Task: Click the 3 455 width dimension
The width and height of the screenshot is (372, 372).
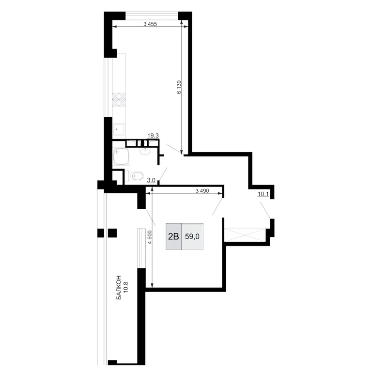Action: pos(150,24)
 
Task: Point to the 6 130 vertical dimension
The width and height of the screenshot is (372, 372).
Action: pos(179,87)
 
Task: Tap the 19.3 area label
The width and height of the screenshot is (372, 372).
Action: pos(153,136)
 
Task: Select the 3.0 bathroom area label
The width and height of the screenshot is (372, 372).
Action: pos(151,180)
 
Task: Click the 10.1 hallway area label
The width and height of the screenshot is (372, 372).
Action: pos(263,194)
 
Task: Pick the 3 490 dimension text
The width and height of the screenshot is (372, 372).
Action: pos(202,191)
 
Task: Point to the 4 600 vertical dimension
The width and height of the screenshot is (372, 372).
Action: pos(149,237)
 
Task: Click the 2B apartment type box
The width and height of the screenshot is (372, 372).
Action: pos(173,236)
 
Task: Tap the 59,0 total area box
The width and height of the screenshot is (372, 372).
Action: pos(192,236)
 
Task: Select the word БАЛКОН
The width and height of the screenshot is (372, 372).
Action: pos(119,288)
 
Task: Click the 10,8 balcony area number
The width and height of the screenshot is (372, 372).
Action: pos(126,288)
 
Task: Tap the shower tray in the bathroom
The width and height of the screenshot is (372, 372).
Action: pos(122,156)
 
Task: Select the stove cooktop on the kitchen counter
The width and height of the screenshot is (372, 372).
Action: pos(119,99)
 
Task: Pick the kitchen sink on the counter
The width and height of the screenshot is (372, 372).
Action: pos(119,129)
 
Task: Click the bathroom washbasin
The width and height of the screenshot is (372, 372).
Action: pos(145,151)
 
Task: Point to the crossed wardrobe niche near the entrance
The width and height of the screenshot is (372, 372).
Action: pos(245,235)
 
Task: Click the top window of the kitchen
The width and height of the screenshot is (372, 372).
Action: pos(152,15)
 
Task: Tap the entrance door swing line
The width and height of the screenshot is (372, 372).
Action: pos(265,210)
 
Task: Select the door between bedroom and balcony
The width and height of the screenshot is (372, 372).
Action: pos(150,217)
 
